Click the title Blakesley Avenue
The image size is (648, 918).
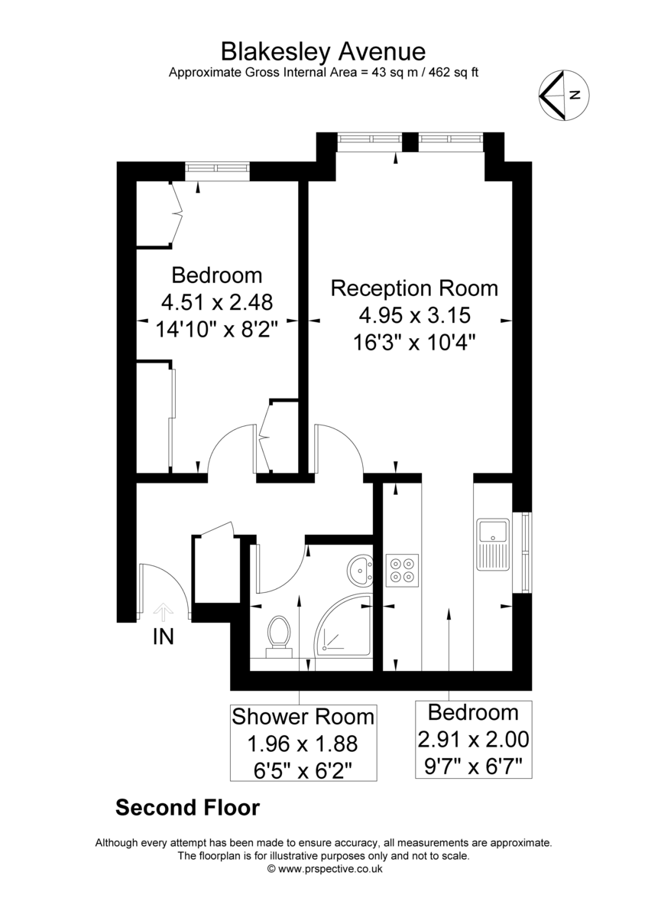tap(323, 52)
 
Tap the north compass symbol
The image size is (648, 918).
tap(564, 96)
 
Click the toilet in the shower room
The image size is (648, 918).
tap(279, 636)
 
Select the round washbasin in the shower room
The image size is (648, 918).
tap(360, 570)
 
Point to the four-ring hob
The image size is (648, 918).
tap(402, 570)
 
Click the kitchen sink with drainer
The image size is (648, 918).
tap(493, 544)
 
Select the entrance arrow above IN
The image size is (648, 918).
tap(164, 612)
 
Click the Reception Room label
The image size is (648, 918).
tap(414, 288)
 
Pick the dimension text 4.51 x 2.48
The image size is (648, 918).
tap(217, 302)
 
